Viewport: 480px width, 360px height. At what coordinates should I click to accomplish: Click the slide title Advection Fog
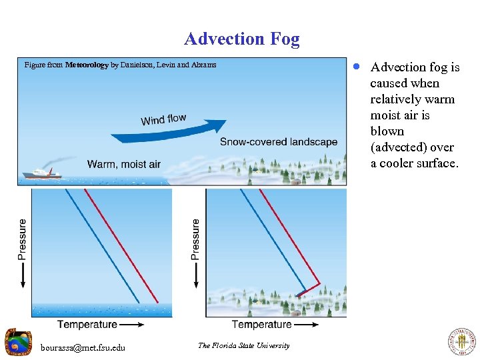point(242,39)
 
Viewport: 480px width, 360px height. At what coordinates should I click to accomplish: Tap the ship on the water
point(41,173)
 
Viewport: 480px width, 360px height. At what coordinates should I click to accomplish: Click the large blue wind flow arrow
point(170,133)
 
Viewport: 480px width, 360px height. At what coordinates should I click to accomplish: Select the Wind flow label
point(163,119)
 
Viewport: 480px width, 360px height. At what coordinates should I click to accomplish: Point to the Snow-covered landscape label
point(279,142)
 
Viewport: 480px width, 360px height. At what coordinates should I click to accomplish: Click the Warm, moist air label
point(123,164)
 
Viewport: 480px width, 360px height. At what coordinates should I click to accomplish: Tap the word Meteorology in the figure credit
point(87,65)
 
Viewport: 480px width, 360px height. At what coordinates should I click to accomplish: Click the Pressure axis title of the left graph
point(22,238)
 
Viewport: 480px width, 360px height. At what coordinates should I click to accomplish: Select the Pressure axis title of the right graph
point(195,238)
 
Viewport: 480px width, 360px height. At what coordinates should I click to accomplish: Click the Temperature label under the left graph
point(87,325)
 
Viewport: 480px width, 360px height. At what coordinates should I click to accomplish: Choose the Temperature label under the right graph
point(261,325)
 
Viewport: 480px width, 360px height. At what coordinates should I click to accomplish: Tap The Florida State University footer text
point(243,345)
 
